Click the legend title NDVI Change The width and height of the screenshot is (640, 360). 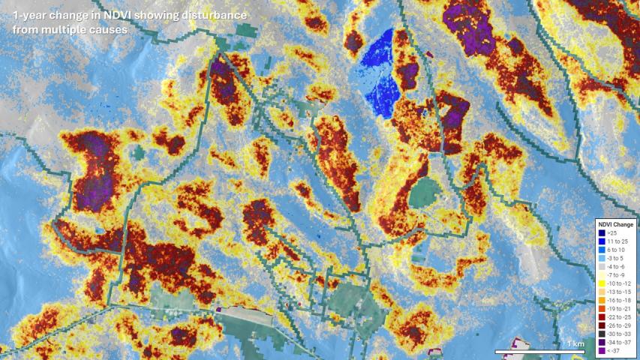[x=616, y=224]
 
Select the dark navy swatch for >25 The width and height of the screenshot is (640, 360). [x=602, y=233]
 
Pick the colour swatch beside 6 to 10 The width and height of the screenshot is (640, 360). [x=602, y=250]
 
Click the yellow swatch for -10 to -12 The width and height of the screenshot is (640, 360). [x=602, y=283]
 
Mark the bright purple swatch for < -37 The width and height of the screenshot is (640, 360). [x=602, y=349]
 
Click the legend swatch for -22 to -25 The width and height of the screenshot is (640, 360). [x=602, y=316]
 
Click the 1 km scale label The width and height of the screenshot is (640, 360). [x=575, y=343]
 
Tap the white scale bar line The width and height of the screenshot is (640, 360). [x=540, y=351]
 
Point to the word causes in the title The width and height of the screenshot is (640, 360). [x=110, y=30]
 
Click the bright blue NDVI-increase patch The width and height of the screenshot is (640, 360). [x=380, y=71]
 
